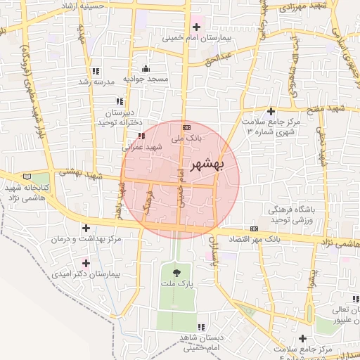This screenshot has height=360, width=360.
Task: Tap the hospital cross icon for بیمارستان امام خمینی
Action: click(x=196, y=27)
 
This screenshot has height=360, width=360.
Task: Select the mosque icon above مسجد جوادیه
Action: click(x=146, y=68)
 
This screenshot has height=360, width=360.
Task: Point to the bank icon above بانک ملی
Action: click(x=186, y=127)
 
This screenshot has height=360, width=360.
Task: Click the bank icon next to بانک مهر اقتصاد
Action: click(x=254, y=229)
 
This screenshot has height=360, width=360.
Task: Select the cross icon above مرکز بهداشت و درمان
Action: click(x=86, y=228)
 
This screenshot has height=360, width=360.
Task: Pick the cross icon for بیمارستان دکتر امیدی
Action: click(x=96, y=263)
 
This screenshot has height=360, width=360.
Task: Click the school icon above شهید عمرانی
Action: click(x=141, y=135)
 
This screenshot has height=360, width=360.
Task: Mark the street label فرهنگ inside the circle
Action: click(x=147, y=202)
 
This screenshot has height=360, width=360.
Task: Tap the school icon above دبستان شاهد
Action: click(x=202, y=327)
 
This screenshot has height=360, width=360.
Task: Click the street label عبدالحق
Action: click(x=219, y=58)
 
